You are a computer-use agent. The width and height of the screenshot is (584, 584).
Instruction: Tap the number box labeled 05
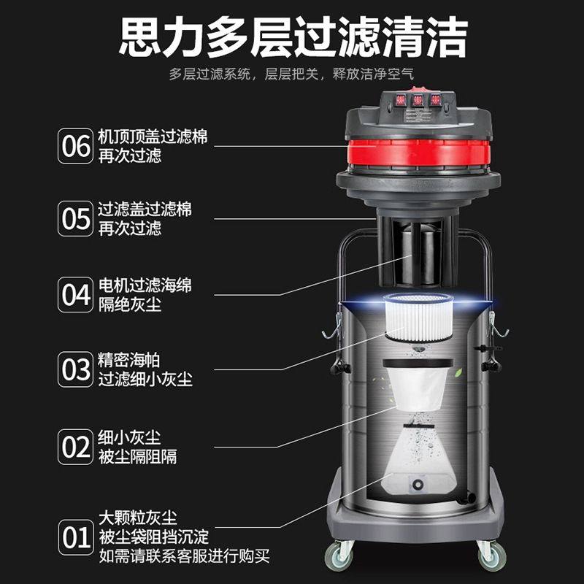(76, 218)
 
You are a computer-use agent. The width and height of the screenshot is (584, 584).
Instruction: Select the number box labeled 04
(76, 295)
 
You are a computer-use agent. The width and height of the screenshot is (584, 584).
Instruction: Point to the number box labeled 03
(76, 370)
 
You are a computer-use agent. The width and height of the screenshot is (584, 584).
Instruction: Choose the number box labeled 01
(76, 539)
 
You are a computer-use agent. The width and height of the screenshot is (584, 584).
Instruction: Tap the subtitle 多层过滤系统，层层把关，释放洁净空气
(292, 74)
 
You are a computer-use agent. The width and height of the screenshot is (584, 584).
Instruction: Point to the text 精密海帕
(128, 361)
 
